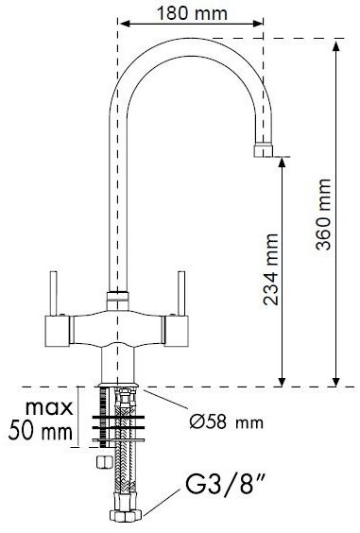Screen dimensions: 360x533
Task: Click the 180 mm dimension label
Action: [x=192, y=13]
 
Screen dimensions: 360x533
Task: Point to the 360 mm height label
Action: [x=323, y=215]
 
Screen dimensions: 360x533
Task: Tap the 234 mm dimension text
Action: [x=271, y=269]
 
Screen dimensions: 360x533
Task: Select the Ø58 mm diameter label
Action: [x=227, y=421]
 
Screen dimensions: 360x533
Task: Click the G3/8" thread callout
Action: [x=225, y=485]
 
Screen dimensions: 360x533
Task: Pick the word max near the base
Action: [x=50, y=407]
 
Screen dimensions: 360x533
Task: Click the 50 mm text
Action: [x=41, y=431]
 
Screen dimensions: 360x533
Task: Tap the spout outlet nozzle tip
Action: [x=263, y=151]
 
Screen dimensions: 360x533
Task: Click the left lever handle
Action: [x=54, y=294]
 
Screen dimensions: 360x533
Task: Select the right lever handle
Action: [x=181, y=294]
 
